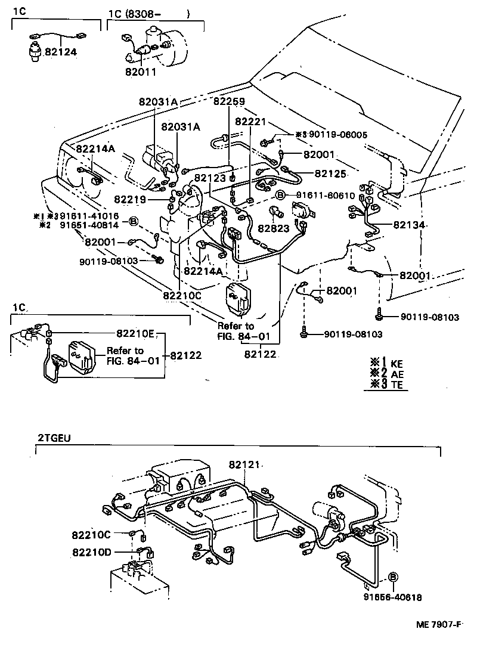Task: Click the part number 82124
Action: click(61, 52)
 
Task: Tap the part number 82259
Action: click(230, 101)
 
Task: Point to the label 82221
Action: click(250, 121)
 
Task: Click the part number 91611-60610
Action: click(325, 195)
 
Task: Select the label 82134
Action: click(408, 225)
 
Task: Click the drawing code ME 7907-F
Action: click(439, 624)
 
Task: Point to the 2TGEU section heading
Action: click(50, 438)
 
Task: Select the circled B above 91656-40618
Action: click(393, 577)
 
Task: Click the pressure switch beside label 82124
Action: click(35, 50)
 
